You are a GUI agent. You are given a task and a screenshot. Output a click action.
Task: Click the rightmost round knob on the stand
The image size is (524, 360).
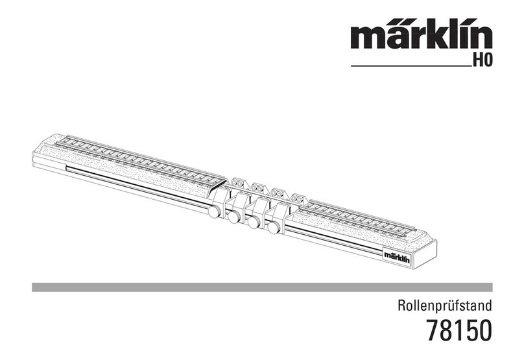tap(274, 227)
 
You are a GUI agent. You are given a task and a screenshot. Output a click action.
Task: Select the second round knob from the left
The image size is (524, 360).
tap(233, 217)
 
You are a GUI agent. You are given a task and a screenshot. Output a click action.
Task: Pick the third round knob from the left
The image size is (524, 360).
tap(254, 222)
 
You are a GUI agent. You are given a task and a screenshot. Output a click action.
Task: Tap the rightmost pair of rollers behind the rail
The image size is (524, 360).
tap(298, 197)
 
